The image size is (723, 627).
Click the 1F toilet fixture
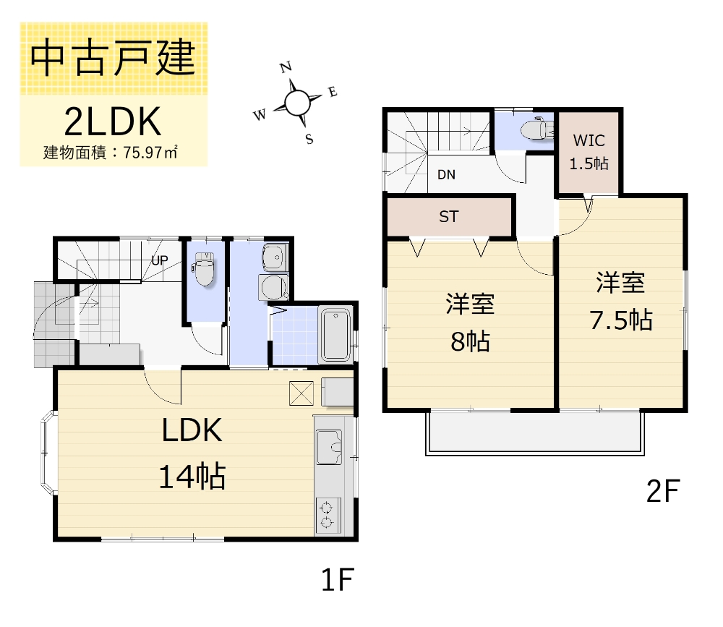click(205, 268)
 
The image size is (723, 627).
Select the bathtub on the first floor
click(335, 334)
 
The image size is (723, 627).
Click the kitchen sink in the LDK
click(329, 447)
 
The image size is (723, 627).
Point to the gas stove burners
click(328, 516)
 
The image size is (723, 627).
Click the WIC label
click(589, 140)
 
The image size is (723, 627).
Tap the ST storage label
click(449, 216)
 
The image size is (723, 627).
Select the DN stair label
click(446, 174)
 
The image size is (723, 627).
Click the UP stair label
click(160, 260)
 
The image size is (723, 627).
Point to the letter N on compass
click(286, 67)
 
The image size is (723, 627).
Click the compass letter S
click(309, 138)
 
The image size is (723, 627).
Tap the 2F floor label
click(663, 491)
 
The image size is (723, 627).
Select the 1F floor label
click(338, 579)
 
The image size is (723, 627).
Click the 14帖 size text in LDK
click(192, 476)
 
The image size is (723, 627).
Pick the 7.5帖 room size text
click(621, 320)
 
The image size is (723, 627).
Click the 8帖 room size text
click(470, 341)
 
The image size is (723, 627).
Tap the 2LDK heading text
click(113, 121)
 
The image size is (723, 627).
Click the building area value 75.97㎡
click(150, 153)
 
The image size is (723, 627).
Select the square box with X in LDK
click(301, 393)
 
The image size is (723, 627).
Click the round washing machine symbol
click(273, 287)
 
